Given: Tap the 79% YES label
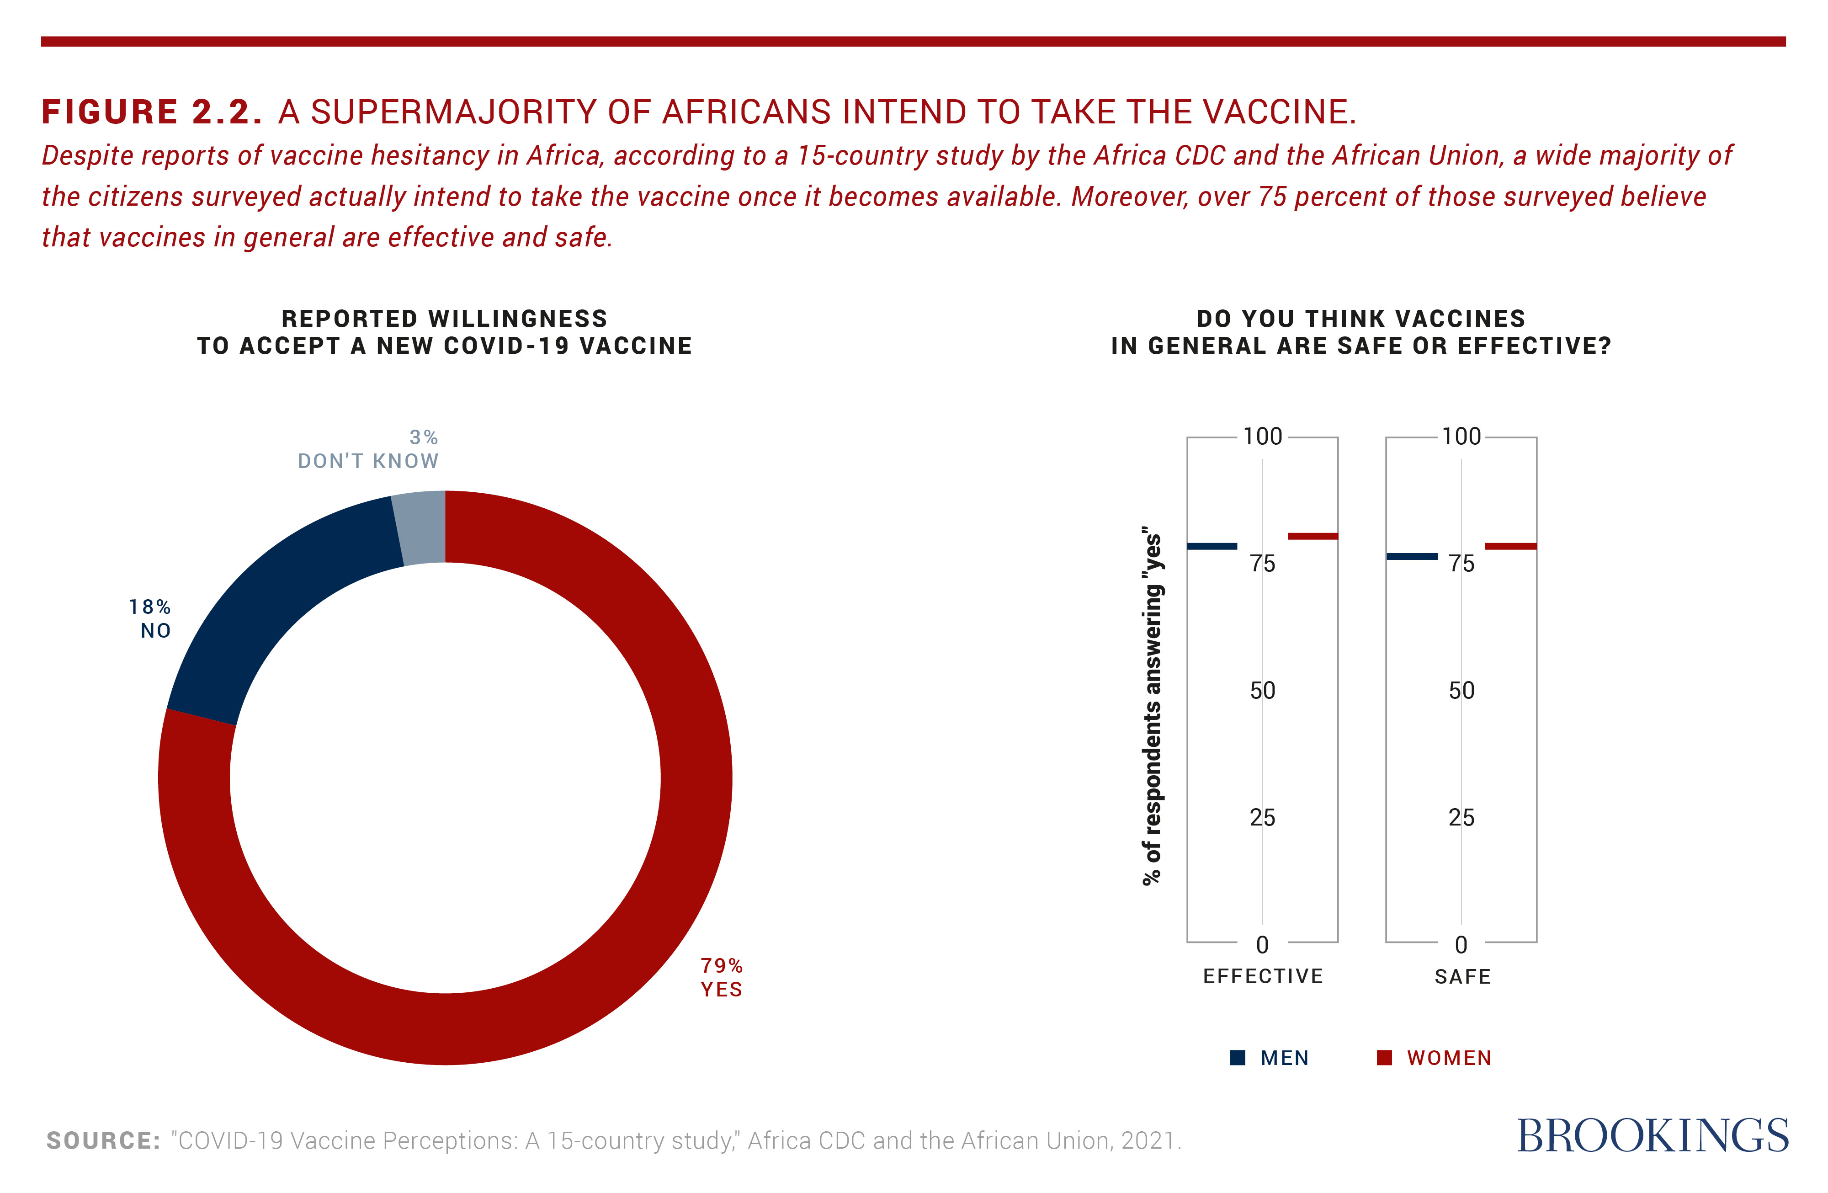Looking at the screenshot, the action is (x=721, y=977).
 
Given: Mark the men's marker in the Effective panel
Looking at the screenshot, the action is (x=1212, y=546).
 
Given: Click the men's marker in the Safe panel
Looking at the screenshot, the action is (x=1412, y=556).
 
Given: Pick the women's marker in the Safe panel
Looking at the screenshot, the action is (x=1511, y=546).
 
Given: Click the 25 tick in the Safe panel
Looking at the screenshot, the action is (x=1461, y=817).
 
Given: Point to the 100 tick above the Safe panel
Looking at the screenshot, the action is (x=1461, y=437).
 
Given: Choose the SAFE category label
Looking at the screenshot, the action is (x=1462, y=976).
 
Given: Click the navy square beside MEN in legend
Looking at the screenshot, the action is (x=1238, y=1058).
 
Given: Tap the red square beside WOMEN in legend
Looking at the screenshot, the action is (x=1384, y=1058).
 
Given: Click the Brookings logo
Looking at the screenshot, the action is (x=1653, y=1136).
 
